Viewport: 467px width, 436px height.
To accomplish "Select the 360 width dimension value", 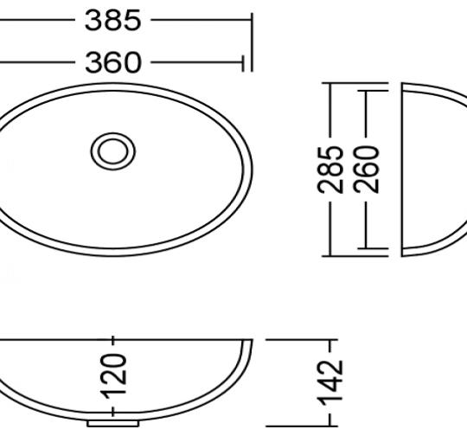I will [113, 62].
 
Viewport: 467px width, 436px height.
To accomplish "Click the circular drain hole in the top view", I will [113, 151].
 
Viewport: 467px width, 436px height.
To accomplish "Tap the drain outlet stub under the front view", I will [113, 424].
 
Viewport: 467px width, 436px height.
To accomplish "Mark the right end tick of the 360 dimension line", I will [244, 62].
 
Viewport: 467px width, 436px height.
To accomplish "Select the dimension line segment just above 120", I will [113, 344].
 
